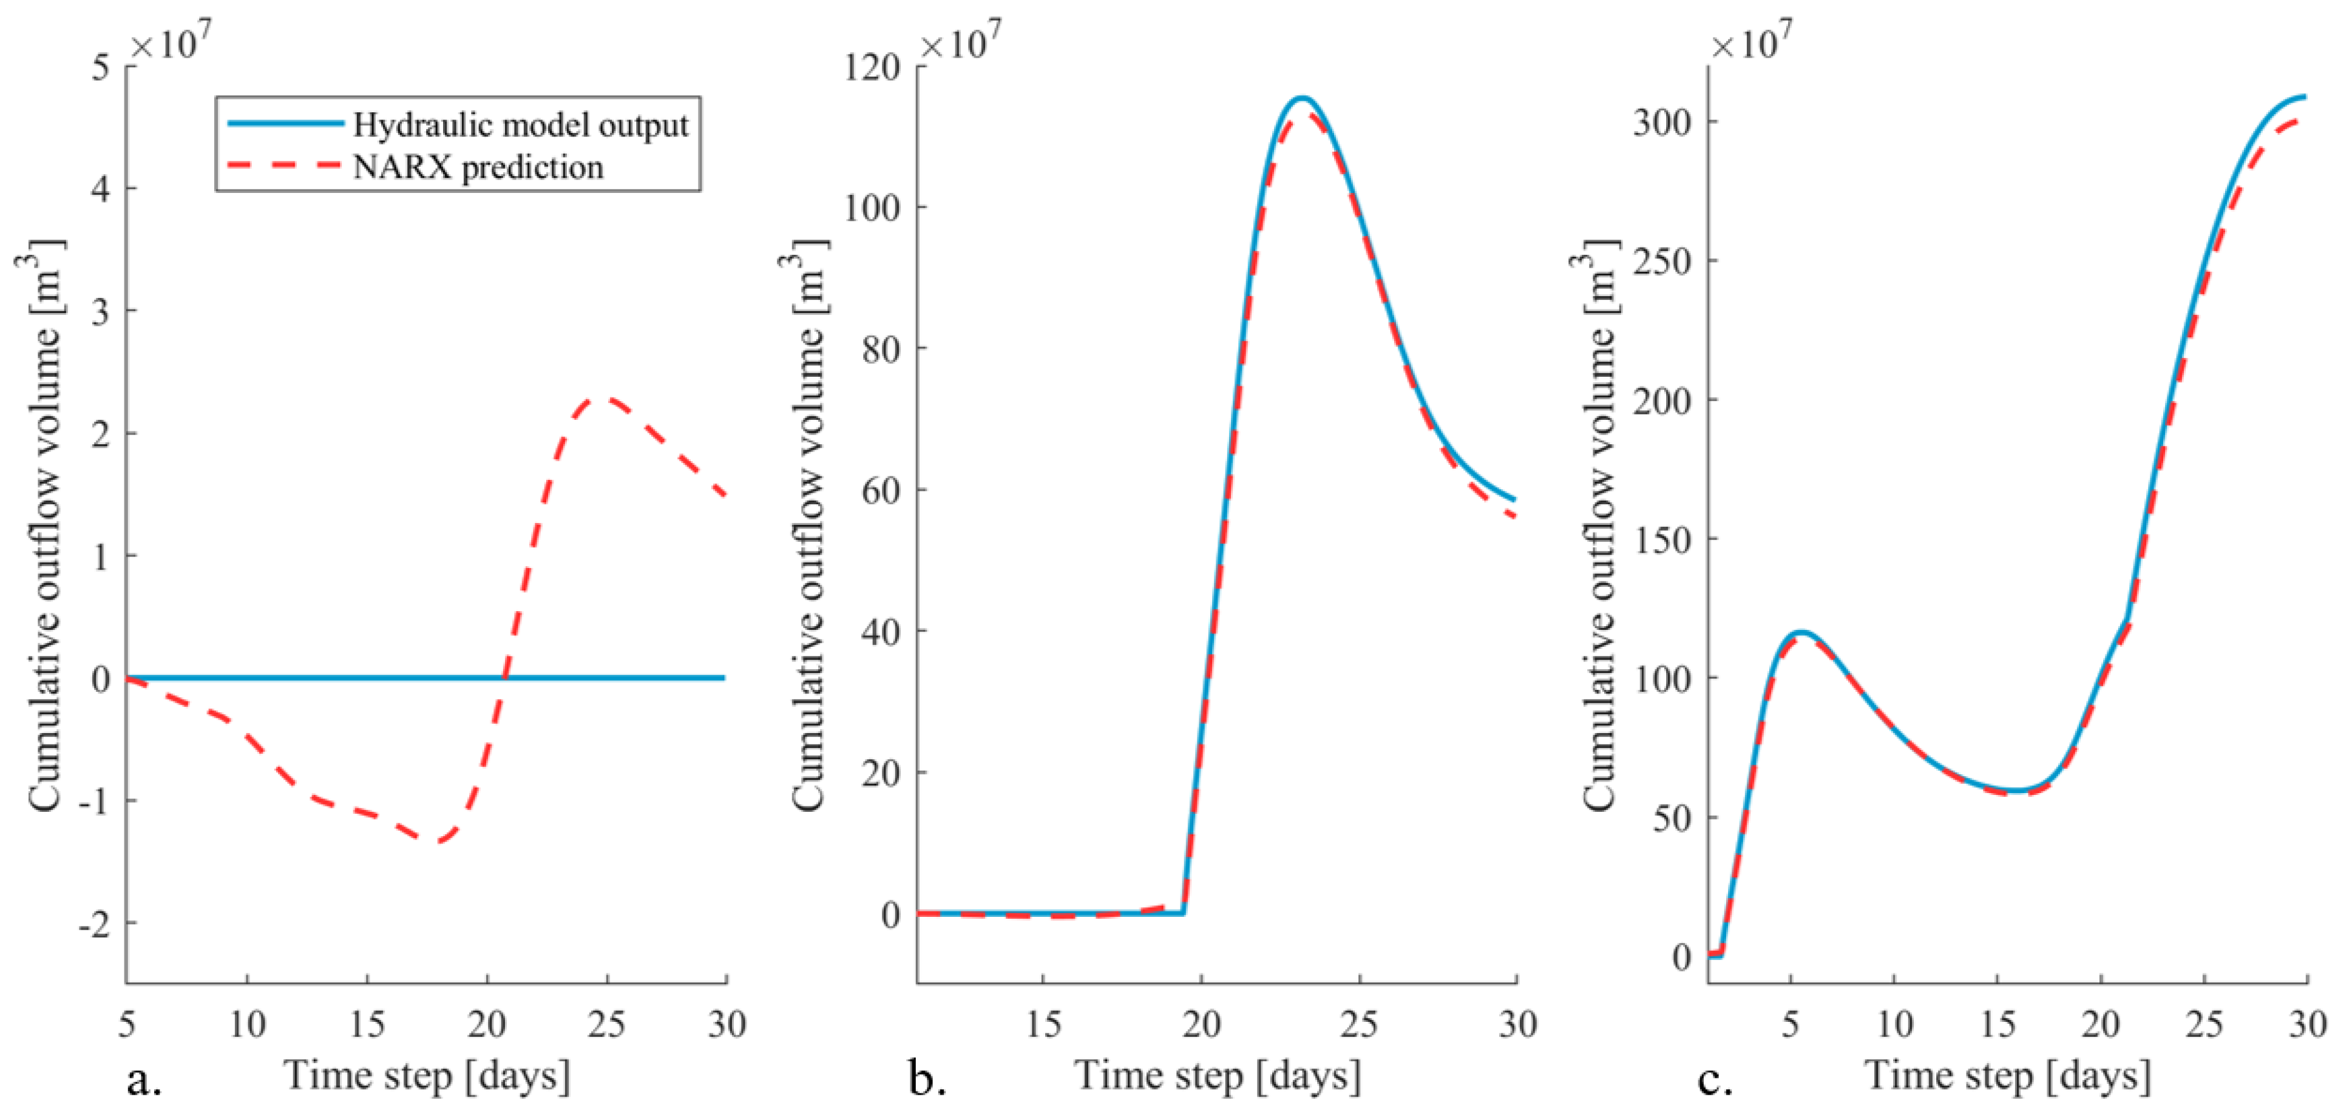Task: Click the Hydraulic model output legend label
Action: pos(520,124)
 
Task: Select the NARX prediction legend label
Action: pos(478,167)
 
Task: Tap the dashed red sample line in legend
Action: pos(284,167)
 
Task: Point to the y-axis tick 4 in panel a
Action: pos(101,189)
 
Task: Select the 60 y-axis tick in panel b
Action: pos(880,490)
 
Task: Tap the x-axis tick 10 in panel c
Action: pos(1894,1024)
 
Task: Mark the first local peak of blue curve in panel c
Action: pos(1801,632)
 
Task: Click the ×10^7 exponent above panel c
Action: pos(1752,42)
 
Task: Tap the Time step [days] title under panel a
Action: pos(427,1076)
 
